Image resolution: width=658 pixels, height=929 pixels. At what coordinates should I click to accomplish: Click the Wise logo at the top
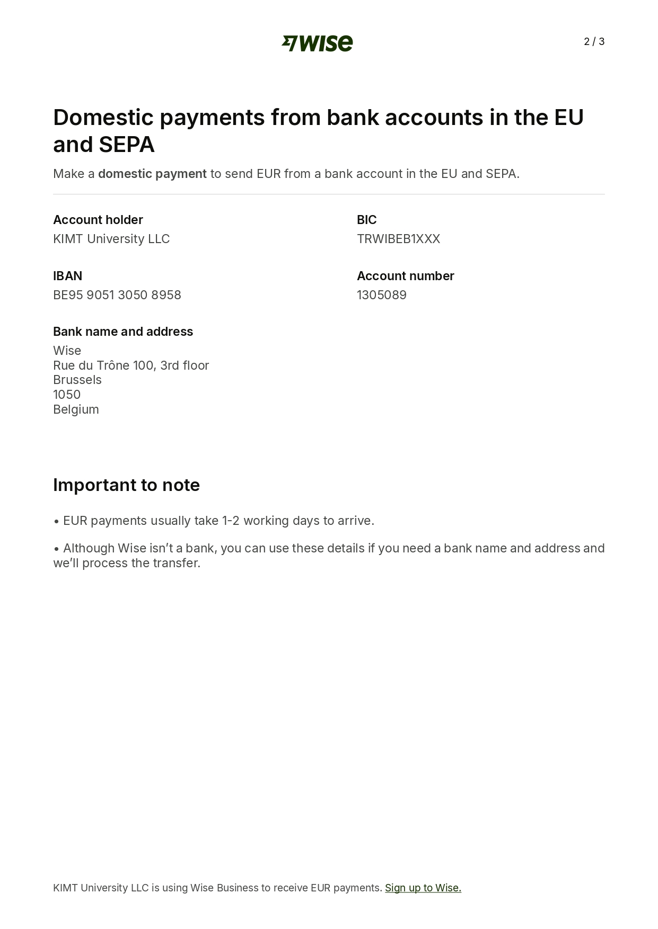click(317, 43)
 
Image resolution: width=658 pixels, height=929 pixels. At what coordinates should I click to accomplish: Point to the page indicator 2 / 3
click(594, 42)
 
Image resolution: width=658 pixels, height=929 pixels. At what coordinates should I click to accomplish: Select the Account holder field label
click(98, 220)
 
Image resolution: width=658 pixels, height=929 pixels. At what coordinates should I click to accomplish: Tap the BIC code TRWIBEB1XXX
click(398, 239)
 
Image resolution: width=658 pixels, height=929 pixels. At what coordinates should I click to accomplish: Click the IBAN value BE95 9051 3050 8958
click(117, 295)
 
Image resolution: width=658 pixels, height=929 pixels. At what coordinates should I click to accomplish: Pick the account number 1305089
click(382, 295)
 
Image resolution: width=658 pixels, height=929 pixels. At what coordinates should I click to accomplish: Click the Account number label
click(405, 276)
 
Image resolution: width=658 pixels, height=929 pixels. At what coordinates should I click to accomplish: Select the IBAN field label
click(67, 276)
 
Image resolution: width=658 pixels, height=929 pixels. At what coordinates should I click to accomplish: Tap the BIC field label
click(366, 220)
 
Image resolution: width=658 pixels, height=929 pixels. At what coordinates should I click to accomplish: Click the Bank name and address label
click(123, 332)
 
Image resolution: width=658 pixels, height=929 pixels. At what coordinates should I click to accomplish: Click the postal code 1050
click(67, 395)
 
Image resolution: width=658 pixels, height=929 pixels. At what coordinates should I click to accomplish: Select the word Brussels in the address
click(77, 380)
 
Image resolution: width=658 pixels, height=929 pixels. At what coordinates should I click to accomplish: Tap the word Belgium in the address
click(76, 409)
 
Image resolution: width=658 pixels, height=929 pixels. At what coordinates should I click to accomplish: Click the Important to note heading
click(126, 485)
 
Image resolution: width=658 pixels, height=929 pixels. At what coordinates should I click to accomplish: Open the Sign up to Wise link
click(423, 888)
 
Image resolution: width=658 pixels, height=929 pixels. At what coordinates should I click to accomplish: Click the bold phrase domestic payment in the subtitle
click(152, 174)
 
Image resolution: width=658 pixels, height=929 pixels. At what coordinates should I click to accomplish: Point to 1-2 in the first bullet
click(231, 521)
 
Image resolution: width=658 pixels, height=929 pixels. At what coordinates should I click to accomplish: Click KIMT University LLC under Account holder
click(111, 239)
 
